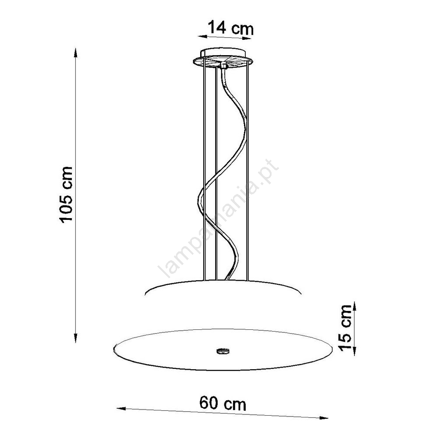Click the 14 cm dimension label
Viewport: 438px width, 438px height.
(x=231, y=28)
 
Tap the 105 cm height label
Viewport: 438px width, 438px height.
(x=66, y=195)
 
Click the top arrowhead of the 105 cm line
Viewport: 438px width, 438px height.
(x=75, y=53)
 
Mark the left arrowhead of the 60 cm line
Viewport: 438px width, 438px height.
(x=121, y=409)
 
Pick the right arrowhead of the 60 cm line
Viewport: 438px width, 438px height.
(x=323, y=418)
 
